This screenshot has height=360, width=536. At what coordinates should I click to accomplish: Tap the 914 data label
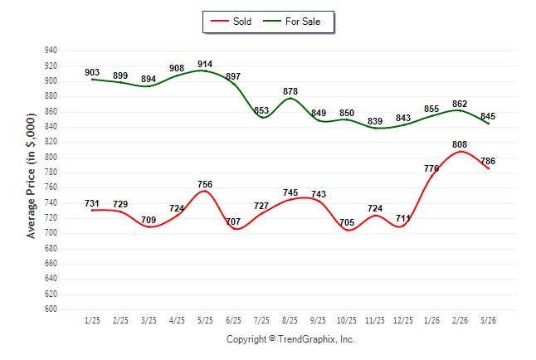(205, 64)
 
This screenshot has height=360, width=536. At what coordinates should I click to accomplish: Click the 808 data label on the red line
(460, 144)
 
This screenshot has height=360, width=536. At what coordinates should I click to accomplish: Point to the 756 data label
(205, 184)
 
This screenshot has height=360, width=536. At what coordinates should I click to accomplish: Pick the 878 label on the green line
(290, 91)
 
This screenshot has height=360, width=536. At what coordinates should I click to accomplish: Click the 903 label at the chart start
(92, 73)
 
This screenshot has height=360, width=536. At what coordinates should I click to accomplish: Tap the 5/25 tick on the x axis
(205, 319)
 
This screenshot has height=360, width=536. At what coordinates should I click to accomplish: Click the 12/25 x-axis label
(403, 319)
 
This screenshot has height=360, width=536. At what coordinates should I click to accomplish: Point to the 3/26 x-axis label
(488, 319)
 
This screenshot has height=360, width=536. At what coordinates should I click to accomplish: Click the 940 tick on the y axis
(51, 51)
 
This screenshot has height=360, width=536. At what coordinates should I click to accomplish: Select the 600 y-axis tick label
(51, 309)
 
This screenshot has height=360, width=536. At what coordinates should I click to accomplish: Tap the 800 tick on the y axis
(51, 157)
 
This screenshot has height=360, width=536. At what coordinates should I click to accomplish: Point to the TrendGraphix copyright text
(290, 339)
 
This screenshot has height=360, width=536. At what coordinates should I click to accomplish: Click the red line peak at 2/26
(460, 152)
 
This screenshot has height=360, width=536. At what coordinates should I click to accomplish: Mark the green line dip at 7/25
(261, 118)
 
